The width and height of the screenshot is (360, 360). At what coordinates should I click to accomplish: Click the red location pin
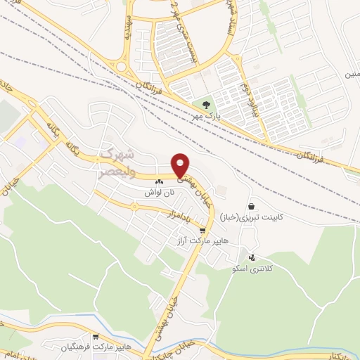[x=181, y=165]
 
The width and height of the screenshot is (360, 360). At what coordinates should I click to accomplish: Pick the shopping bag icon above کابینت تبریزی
[x=251, y=207]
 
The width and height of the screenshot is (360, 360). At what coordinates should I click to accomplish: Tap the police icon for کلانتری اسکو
[x=252, y=258]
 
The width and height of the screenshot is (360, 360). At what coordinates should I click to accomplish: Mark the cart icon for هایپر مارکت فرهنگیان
[x=95, y=337]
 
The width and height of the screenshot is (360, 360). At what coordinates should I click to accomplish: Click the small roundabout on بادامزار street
[x=134, y=206]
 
